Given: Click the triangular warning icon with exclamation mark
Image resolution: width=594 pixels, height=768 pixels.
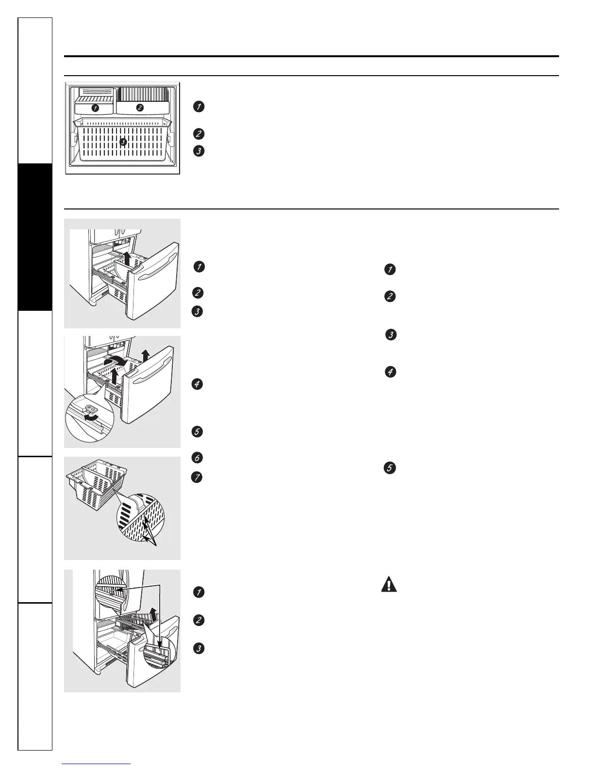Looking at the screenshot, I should click(388, 584).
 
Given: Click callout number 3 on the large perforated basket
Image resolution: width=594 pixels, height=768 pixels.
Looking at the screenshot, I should click(123, 142).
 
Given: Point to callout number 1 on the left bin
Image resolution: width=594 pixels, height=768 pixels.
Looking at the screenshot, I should click(96, 108).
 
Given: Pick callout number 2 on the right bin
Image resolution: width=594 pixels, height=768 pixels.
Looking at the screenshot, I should click(140, 108).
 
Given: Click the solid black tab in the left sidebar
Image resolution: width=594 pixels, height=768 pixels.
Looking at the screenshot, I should click(34, 237).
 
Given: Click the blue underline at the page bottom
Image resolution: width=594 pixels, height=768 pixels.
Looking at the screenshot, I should click(97, 764).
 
